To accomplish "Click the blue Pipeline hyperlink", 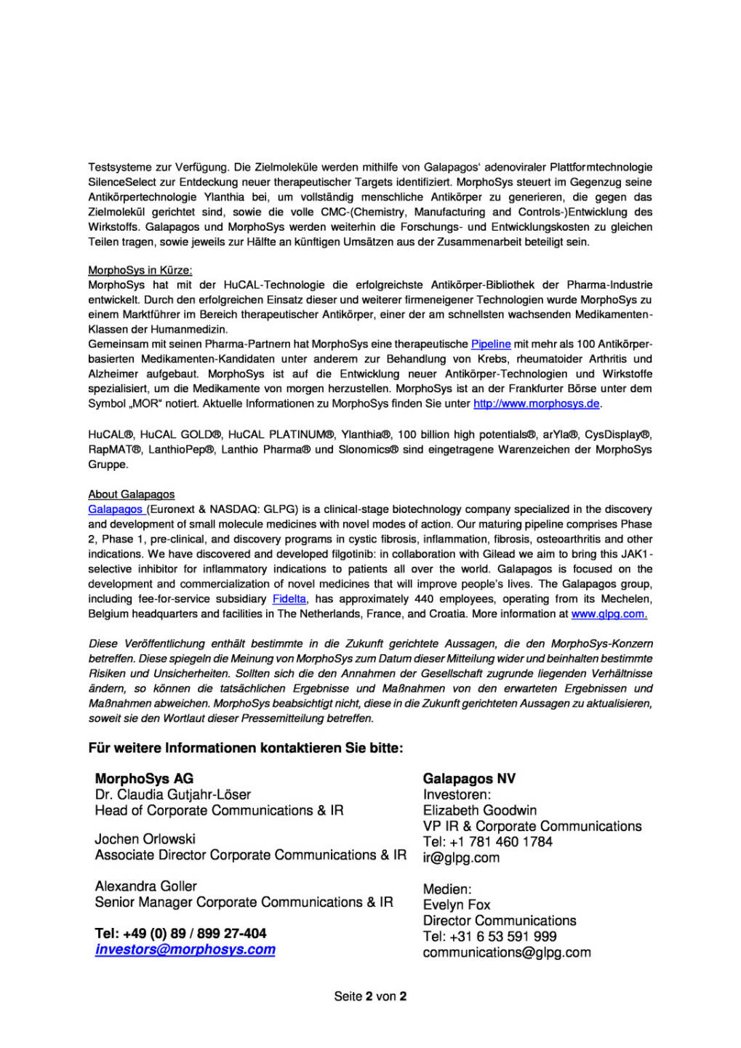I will [x=491, y=344].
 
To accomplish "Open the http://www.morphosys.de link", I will [x=537, y=404].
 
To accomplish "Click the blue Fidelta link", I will [x=289, y=599].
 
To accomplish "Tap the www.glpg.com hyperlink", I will [x=609, y=614].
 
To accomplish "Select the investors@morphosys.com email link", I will [x=185, y=950].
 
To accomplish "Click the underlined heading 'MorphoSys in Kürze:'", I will [x=140, y=270].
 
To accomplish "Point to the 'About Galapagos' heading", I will [x=132, y=494].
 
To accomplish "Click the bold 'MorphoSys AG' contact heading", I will [x=144, y=779].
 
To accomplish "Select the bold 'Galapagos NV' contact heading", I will [x=469, y=779].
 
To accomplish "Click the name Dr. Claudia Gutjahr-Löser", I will [x=173, y=795].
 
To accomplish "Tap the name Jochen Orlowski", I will [x=145, y=839].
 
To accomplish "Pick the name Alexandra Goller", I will [x=146, y=886].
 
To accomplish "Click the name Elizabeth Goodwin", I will [x=480, y=811].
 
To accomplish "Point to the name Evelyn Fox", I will [x=457, y=905].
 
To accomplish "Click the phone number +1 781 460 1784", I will [x=501, y=842].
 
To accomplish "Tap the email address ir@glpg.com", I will [x=461, y=858].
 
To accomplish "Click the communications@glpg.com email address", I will [x=507, y=953].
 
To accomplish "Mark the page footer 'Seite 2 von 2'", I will [x=370, y=996].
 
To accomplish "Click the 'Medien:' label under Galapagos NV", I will [x=447, y=889].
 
